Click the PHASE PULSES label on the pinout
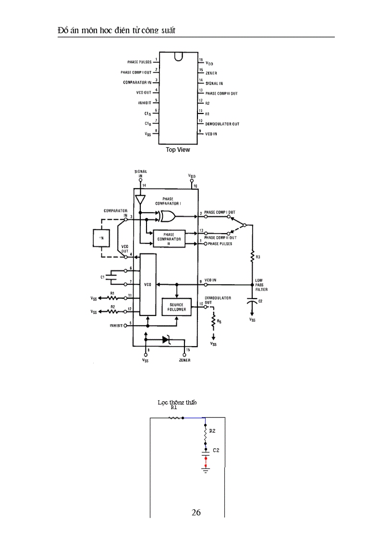139,62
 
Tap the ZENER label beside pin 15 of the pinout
211,73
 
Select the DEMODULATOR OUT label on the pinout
222,124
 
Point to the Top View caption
178,150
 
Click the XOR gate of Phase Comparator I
167,216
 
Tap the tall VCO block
148,285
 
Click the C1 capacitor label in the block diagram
103,277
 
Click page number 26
196,512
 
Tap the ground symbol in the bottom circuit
206,470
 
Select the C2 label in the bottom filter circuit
216,451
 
